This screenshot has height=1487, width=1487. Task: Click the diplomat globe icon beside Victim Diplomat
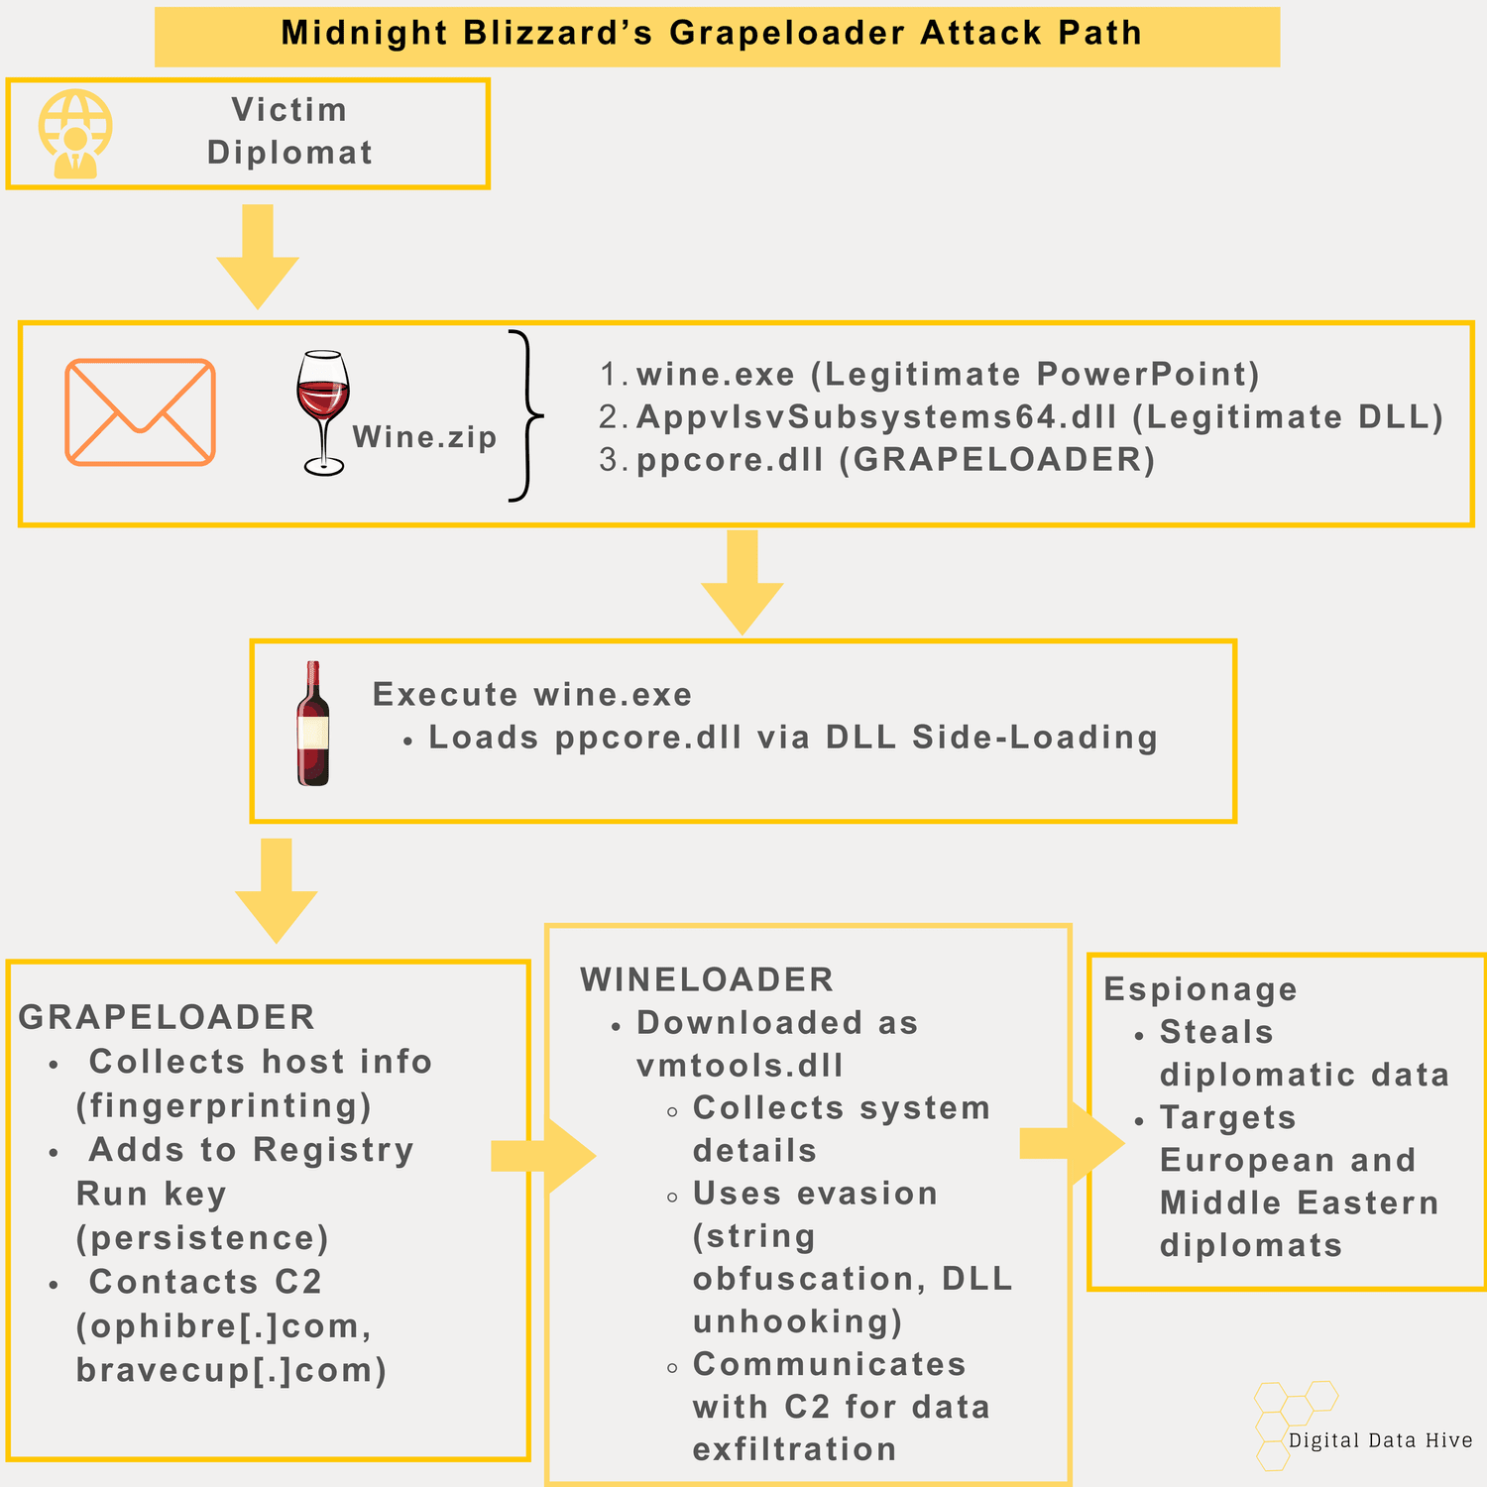(x=75, y=134)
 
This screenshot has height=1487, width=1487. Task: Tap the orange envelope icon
(x=140, y=412)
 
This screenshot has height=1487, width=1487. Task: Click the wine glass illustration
(x=323, y=411)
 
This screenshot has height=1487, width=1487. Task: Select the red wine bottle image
(x=313, y=725)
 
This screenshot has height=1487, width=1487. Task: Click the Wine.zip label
(x=424, y=437)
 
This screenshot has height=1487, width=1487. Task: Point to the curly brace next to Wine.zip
(x=526, y=415)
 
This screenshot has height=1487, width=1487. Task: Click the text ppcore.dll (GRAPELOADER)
(x=895, y=460)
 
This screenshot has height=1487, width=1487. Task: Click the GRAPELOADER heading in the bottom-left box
(x=167, y=1017)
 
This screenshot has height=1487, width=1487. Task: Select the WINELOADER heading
(x=707, y=979)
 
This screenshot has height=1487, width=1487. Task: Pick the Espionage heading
(x=1200, y=989)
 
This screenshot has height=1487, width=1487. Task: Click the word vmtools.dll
(x=740, y=1066)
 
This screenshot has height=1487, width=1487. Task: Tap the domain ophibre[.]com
(x=223, y=1326)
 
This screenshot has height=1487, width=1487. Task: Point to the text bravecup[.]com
(x=231, y=1370)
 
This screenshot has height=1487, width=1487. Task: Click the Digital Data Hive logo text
(x=1380, y=1440)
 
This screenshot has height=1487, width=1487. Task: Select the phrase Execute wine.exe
(x=532, y=695)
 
